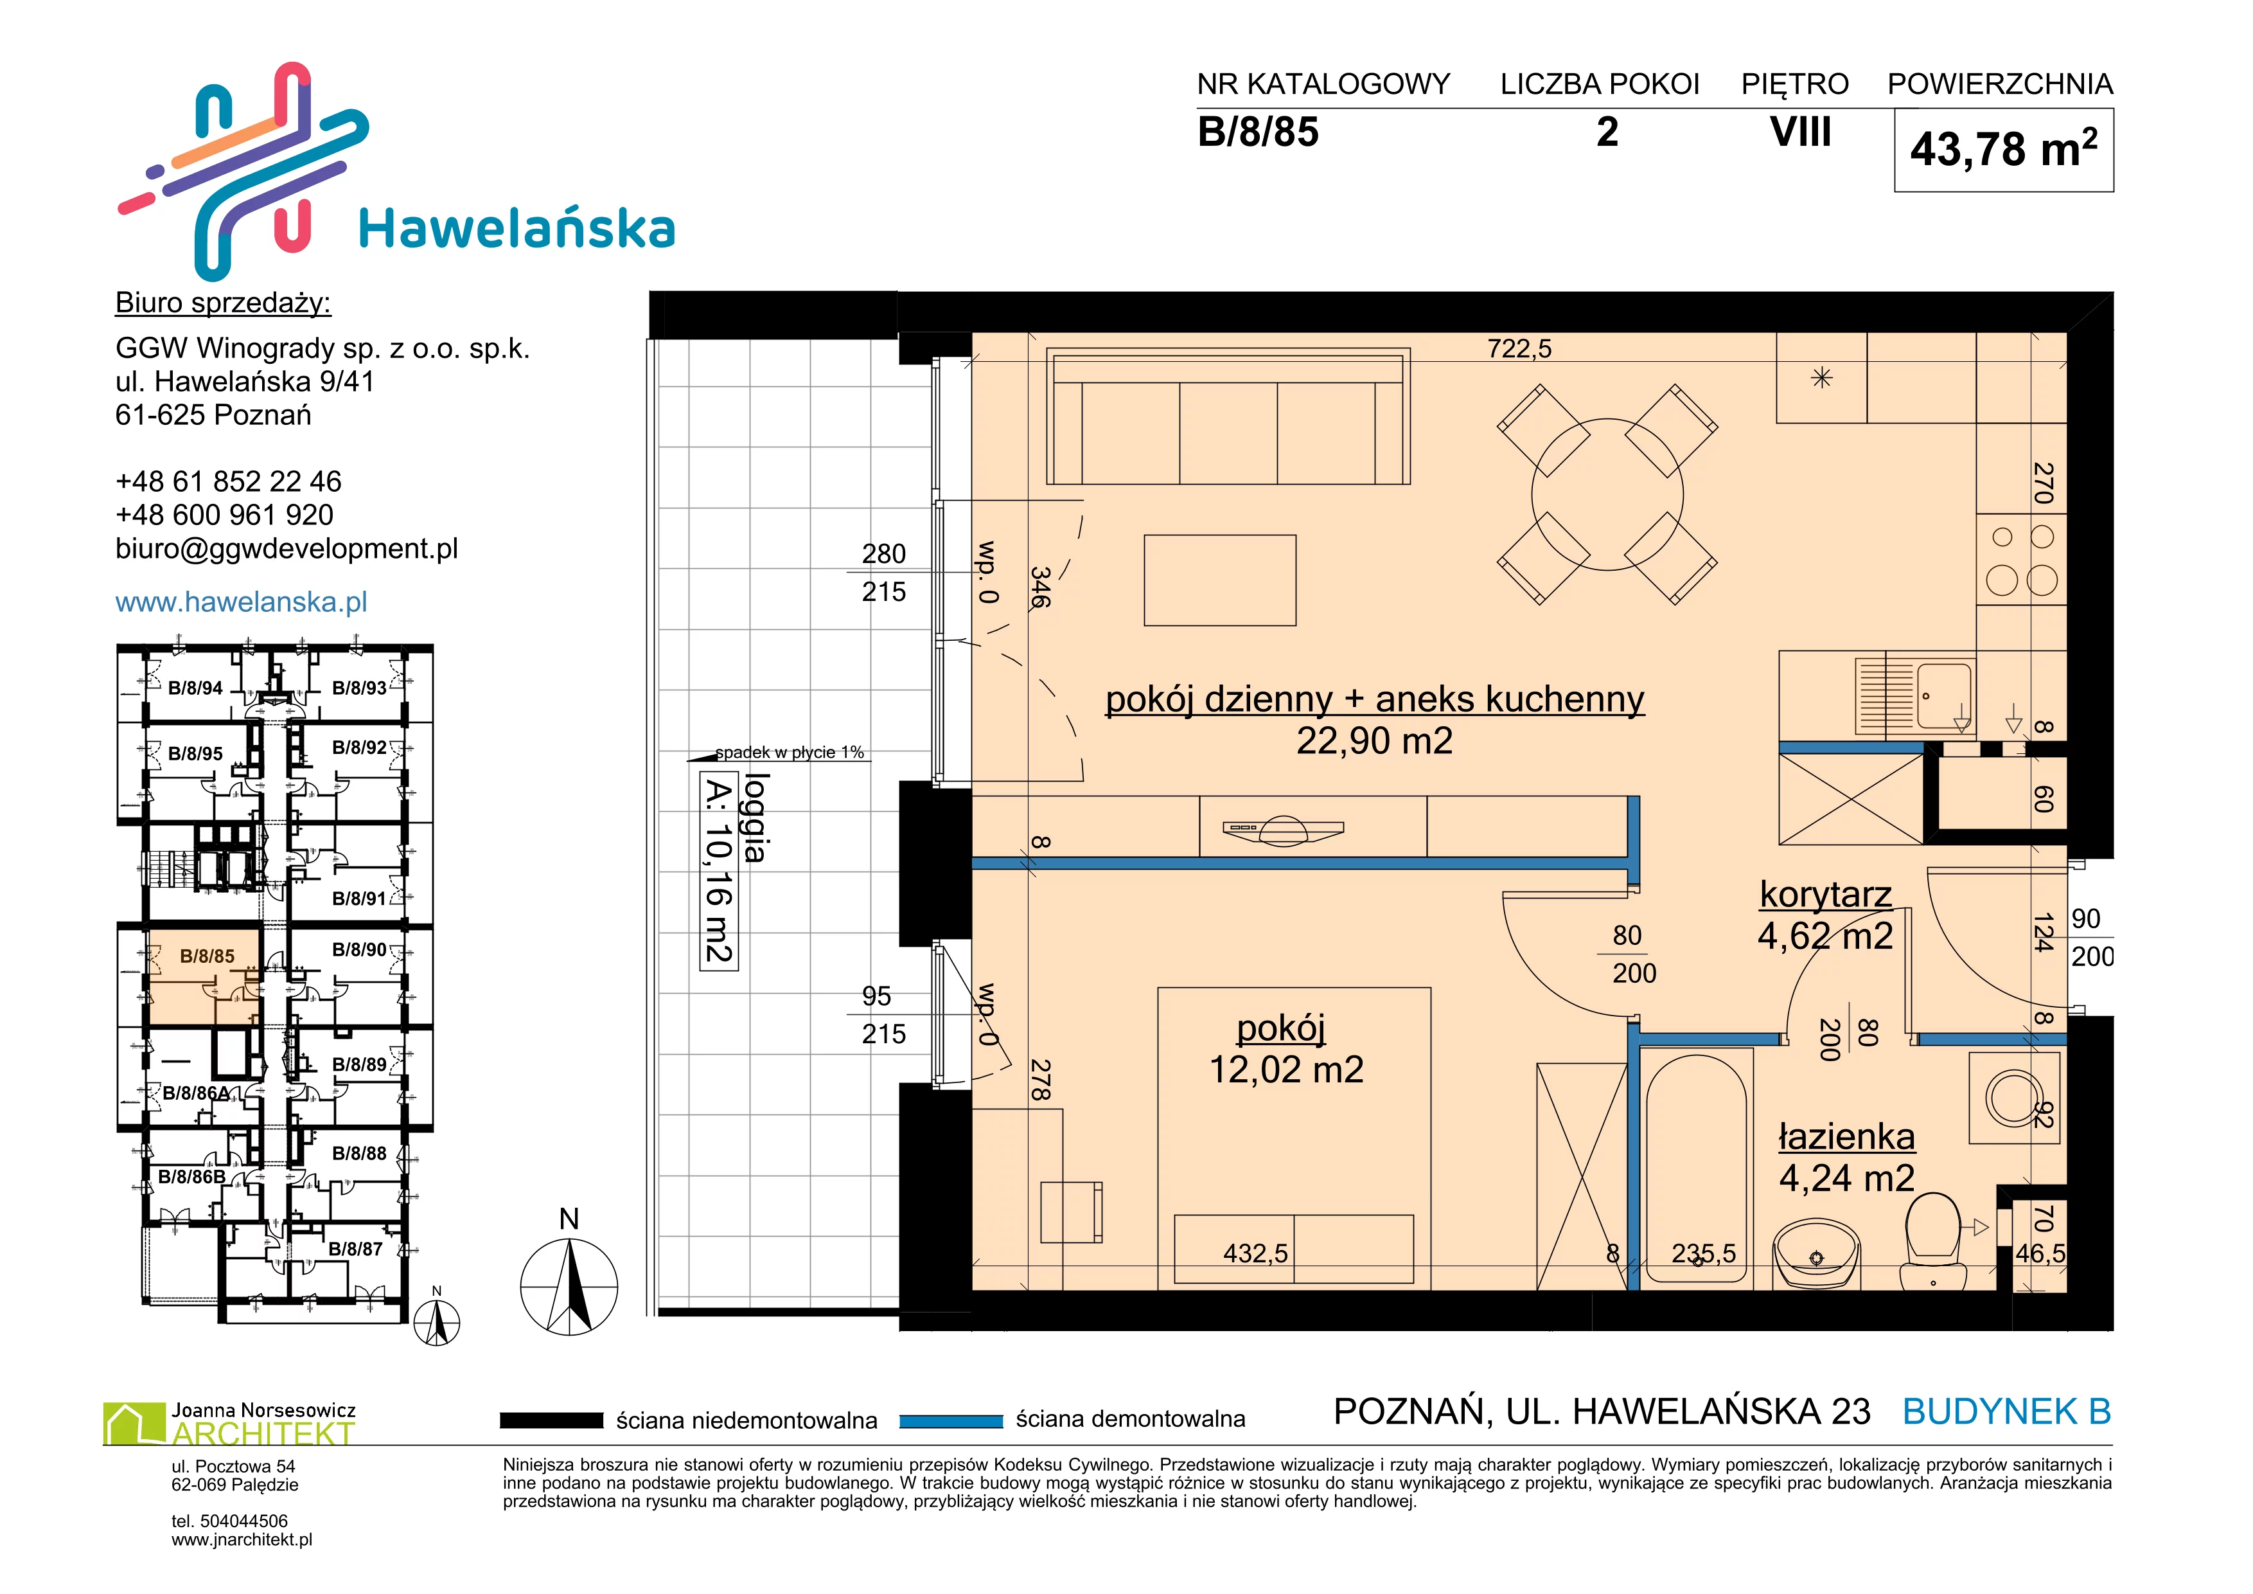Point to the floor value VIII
(x=1801, y=132)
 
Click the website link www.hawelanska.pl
(x=242, y=602)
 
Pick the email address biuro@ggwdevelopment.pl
(x=287, y=549)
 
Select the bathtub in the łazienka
(x=1695, y=1168)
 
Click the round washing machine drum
(x=2013, y=1099)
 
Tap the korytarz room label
(x=1825, y=894)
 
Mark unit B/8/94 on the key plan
(x=195, y=688)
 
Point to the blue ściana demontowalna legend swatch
(x=951, y=1420)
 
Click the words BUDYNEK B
(x=2007, y=1411)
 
